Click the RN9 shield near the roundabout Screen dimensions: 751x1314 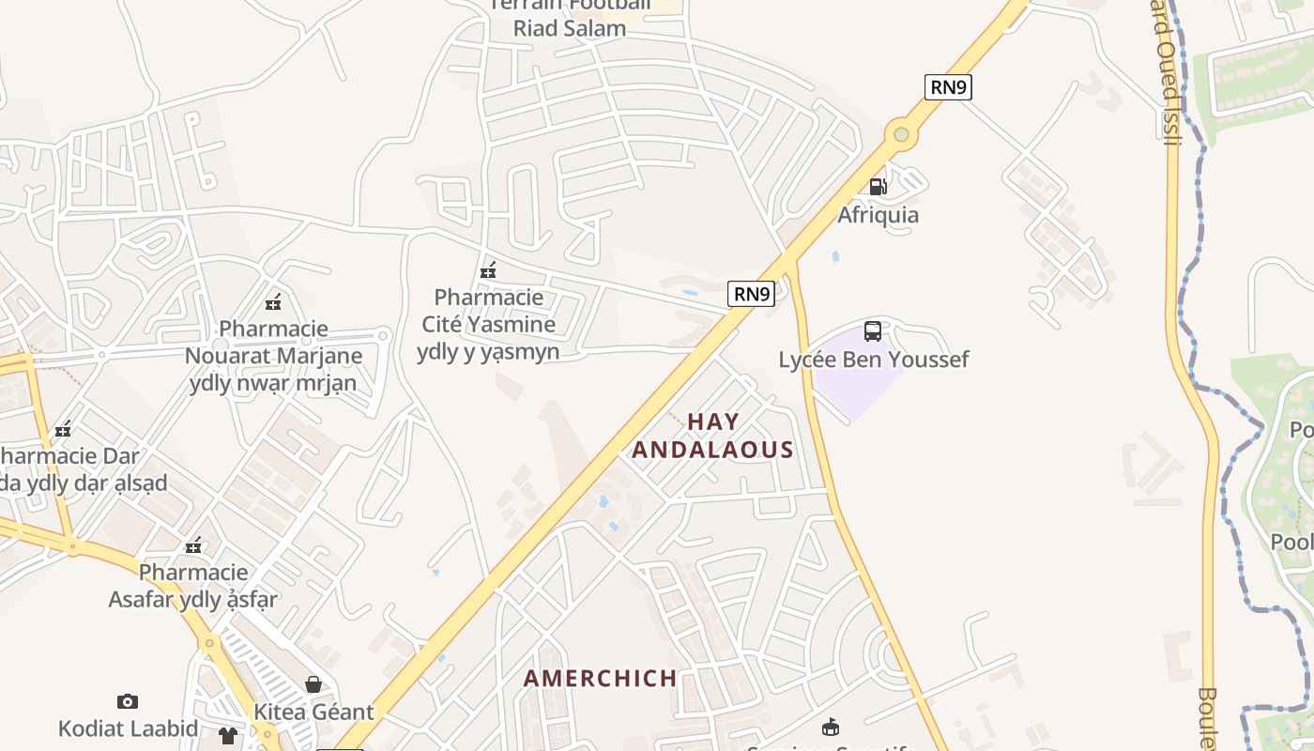[948, 87]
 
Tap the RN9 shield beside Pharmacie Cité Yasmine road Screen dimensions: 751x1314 [751, 294]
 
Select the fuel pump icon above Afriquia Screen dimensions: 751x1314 [878, 187]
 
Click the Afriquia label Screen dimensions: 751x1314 [878, 215]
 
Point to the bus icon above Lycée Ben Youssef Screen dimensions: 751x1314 [873, 331]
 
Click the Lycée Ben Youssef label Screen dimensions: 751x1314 [873, 360]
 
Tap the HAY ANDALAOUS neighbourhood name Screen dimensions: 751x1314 [713, 436]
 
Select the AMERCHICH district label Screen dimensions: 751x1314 [600, 679]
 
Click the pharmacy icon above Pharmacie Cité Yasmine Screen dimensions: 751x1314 [487, 271]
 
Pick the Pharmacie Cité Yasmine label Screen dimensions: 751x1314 [488, 324]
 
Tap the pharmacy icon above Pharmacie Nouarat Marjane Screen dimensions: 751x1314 [273, 302]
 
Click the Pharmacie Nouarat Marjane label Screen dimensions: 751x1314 [273, 356]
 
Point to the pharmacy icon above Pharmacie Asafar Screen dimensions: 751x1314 [193, 545]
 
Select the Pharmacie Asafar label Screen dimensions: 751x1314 [193, 586]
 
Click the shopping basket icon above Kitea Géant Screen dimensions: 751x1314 [313, 685]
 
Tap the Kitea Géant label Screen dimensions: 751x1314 [313, 712]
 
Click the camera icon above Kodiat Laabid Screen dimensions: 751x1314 [128, 701]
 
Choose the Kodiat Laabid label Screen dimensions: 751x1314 [128, 728]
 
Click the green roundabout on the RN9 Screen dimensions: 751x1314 [901, 134]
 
